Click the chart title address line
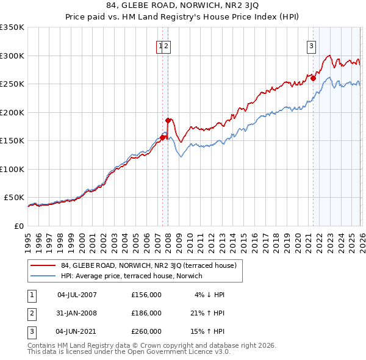pyautogui.click(x=183, y=5)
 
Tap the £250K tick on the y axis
pyautogui.click(x=12, y=84)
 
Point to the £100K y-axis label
pyautogui.click(x=12, y=169)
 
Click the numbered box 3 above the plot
pyautogui.click(x=311, y=45)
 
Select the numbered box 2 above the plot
pyautogui.click(x=166, y=45)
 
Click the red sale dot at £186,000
pyautogui.click(x=168, y=120)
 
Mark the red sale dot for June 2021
pyautogui.click(x=312, y=78)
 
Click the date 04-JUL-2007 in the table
pyautogui.click(x=77, y=295)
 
